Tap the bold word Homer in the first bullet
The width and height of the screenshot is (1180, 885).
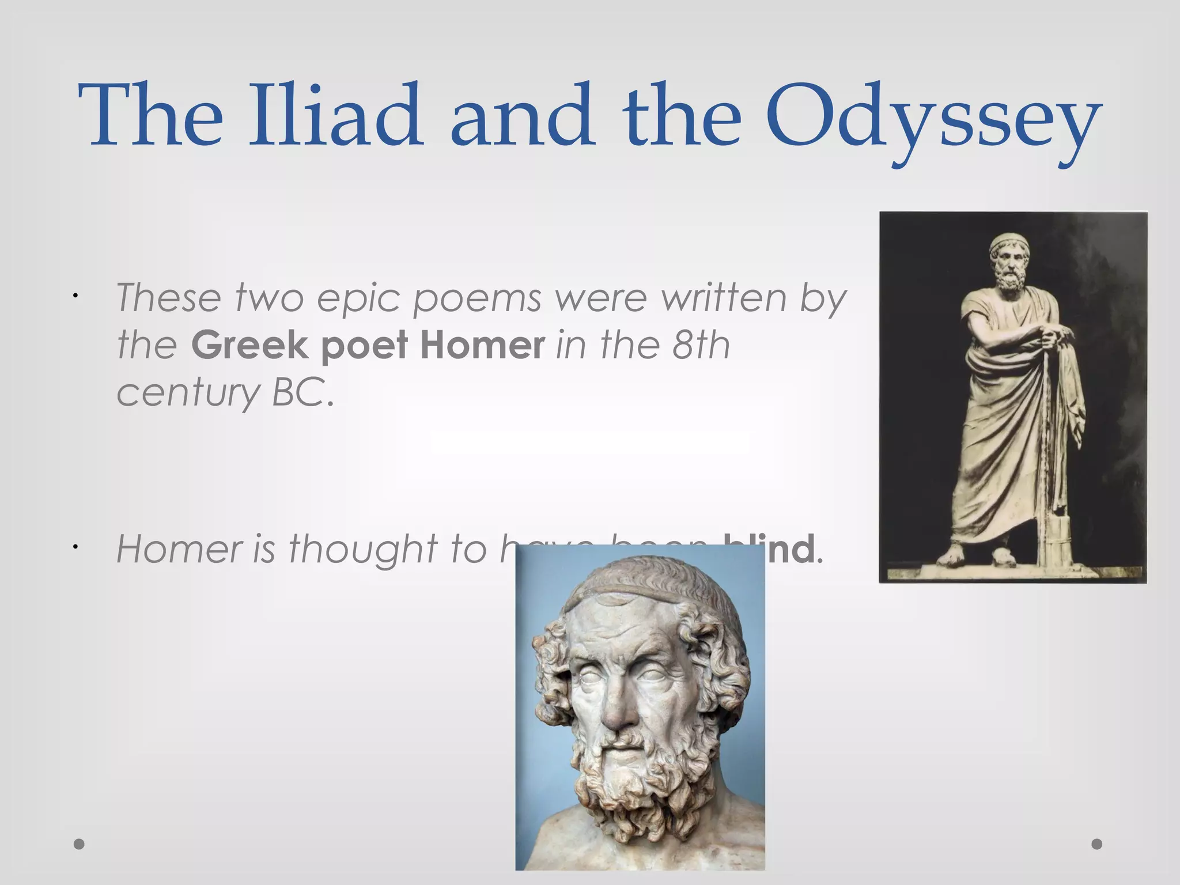(482, 345)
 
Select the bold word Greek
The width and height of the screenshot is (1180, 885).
(249, 345)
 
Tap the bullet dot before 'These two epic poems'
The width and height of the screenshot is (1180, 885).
(75, 296)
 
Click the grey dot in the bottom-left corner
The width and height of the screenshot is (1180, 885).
(80, 844)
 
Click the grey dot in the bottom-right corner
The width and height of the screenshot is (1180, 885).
(1097, 844)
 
